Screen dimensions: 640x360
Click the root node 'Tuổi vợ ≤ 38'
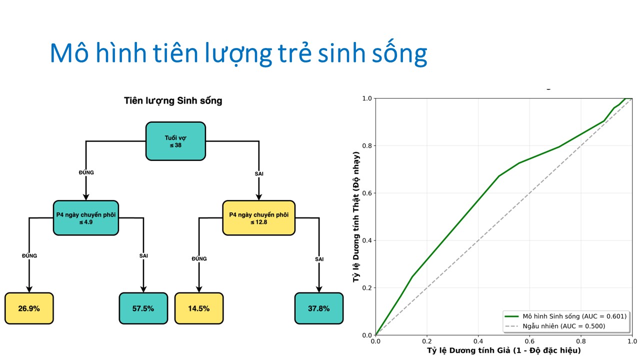(175, 141)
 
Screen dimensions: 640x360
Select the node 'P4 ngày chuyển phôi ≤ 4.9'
(85, 218)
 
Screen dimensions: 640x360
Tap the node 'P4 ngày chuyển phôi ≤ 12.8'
(258, 218)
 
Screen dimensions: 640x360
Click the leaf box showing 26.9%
(29, 308)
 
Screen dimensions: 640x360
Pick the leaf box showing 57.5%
(143, 308)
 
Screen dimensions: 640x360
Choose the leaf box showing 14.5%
(199, 308)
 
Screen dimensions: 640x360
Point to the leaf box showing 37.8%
(319, 308)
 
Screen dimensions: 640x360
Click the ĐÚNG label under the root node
(86, 172)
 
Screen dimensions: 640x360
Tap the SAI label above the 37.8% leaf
(319, 259)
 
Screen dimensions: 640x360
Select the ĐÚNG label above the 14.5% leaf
(199, 258)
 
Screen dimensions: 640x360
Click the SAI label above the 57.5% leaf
(143, 255)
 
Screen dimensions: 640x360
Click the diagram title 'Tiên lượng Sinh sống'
(173, 101)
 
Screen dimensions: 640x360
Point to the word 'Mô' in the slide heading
(69, 52)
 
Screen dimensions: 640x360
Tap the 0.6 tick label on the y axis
(367, 193)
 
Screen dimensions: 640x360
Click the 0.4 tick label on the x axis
(478, 341)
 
